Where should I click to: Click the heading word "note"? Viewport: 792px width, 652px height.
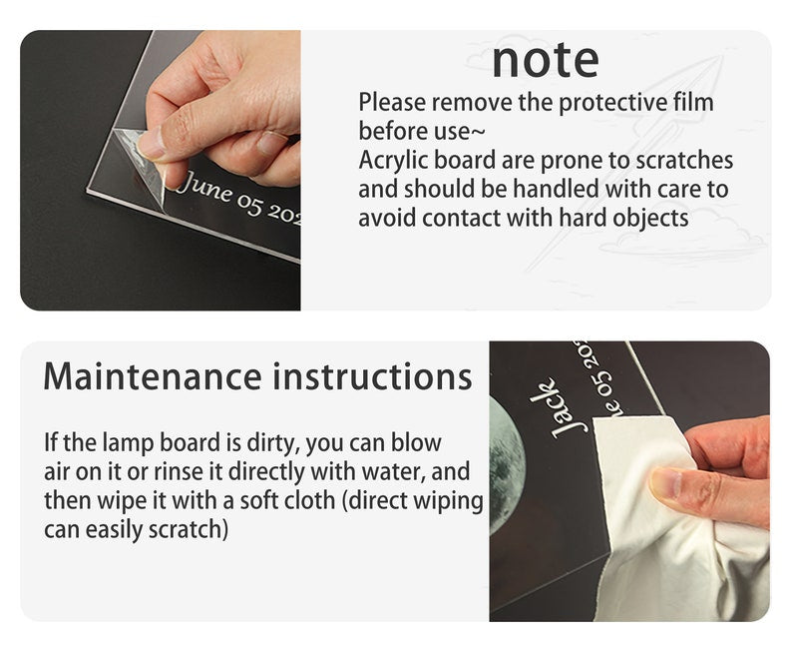[x=546, y=61]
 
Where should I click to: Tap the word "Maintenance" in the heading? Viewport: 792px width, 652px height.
[x=153, y=376]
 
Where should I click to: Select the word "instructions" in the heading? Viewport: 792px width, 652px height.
[x=373, y=376]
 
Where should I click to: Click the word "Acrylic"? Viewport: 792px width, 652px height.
[x=394, y=161]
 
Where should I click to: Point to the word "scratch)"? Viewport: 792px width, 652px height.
[x=188, y=530]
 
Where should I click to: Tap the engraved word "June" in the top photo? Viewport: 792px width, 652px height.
[x=202, y=188]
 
